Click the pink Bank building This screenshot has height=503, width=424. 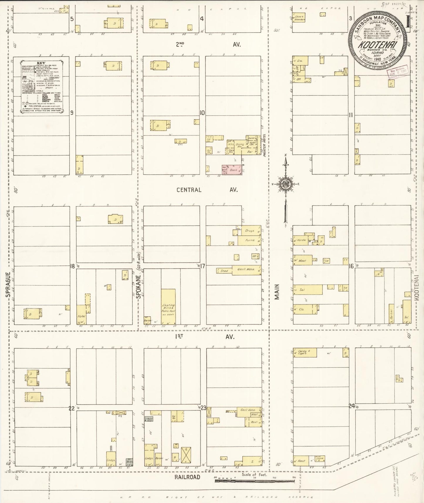point(232,170)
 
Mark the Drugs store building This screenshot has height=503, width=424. point(249,231)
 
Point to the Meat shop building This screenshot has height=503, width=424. point(302,260)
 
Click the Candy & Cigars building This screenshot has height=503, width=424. point(305,353)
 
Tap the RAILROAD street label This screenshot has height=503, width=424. point(187,477)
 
